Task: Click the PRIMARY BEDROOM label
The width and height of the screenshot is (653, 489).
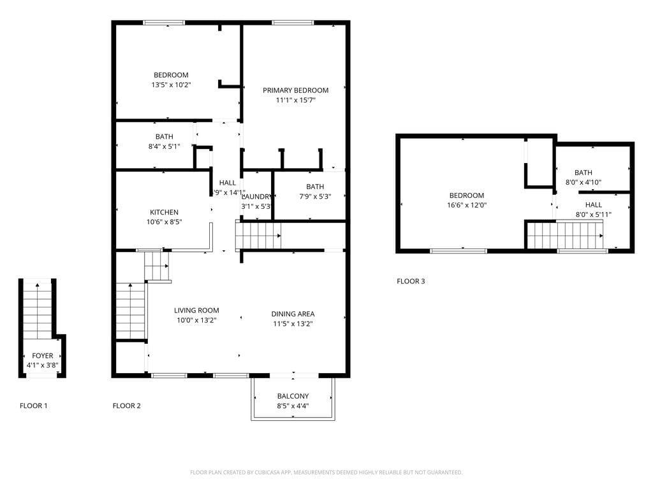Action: click(295, 90)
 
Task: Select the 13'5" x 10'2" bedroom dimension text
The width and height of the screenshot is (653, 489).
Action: click(171, 85)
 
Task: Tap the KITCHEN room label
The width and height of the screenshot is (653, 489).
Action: click(164, 212)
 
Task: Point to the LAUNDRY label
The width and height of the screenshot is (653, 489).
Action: click(256, 197)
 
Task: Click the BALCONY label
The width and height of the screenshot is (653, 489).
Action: click(293, 396)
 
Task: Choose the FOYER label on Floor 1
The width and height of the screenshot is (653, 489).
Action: click(43, 356)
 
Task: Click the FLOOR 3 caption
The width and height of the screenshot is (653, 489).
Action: click(411, 281)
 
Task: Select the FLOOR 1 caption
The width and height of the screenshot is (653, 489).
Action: click(33, 406)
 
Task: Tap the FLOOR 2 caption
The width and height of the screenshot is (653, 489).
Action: click(126, 406)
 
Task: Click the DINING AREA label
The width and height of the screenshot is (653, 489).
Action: click(293, 314)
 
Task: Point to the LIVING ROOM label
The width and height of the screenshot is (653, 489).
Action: click(196, 311)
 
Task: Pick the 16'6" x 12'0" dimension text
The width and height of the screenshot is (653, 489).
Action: click(466, 206)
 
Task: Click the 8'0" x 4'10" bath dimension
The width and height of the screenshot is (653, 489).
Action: click(583, 182)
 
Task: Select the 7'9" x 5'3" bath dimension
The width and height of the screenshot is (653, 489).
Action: click(314, 196)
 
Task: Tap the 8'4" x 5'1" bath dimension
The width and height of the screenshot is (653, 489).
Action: click(164, 146)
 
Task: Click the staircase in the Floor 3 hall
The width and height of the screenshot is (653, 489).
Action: click(564, 235)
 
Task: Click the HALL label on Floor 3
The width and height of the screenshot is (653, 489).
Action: click(593, 204)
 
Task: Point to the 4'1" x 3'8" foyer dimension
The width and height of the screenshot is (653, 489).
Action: click(43, 365)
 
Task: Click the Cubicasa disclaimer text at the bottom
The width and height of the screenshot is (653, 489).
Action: click(326, 472)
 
